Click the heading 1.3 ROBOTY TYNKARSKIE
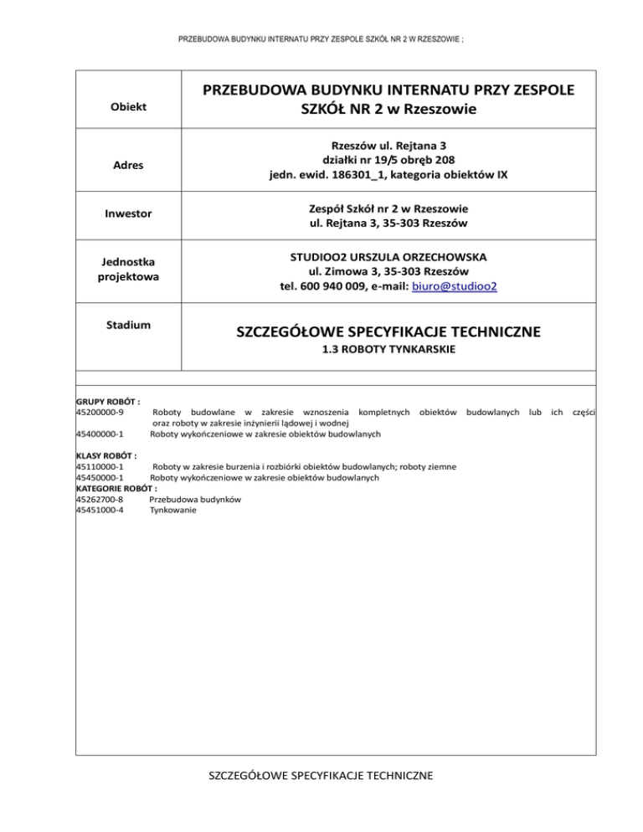click(388, 352)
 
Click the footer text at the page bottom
click(321, 776)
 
